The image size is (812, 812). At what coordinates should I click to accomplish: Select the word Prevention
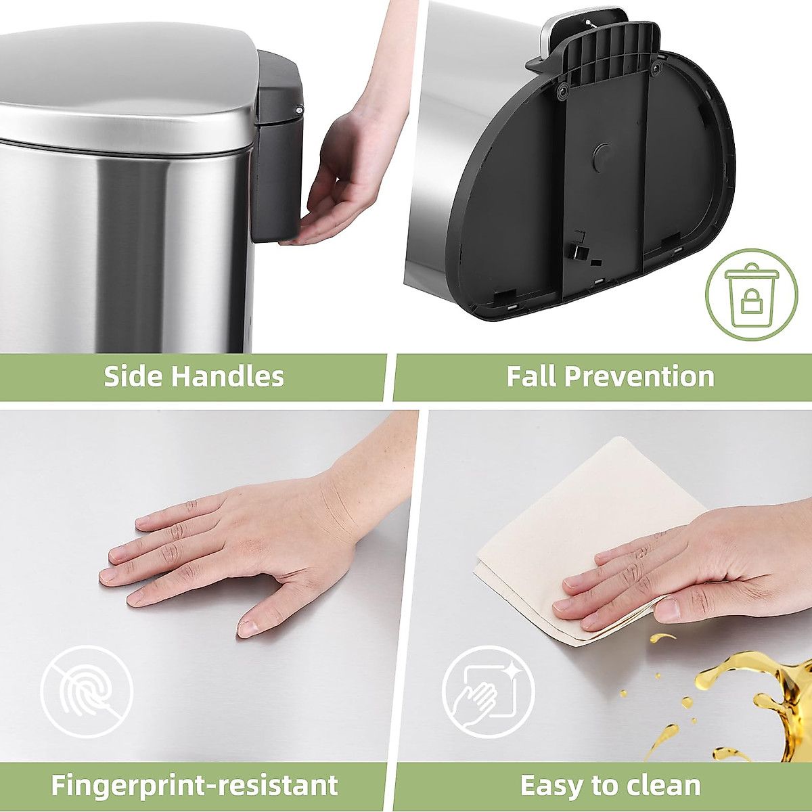point(639,376)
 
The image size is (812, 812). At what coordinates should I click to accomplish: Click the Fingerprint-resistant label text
point(194,786)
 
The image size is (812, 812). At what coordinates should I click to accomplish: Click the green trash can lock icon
point(751,296)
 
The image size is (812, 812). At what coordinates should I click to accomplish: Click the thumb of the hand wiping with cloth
point(667,609)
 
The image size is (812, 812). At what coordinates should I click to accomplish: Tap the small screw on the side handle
point(299,108)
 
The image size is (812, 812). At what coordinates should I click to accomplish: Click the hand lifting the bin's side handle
point(345,176)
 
